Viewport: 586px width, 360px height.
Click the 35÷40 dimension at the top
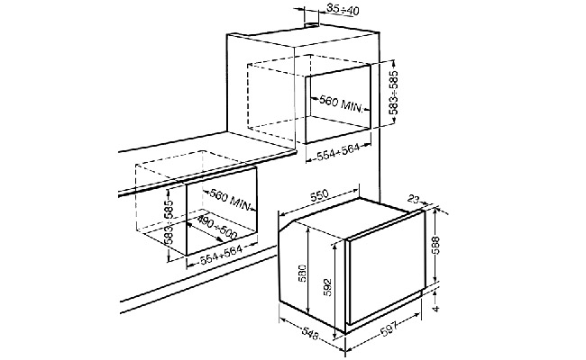[343, 10]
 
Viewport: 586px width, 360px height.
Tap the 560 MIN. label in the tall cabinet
[341, 104]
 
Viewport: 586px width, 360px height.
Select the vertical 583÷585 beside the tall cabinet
[394, 92]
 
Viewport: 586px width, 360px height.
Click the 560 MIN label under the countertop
[230, 200]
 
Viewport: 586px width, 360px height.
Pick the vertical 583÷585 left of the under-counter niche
[169, 222]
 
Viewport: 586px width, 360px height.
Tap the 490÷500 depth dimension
[216, 227]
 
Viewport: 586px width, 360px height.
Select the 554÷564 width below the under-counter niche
[222, 255]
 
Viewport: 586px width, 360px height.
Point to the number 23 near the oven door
[413, 199]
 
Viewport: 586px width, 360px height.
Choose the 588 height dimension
[435, 245]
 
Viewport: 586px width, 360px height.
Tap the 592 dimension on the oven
[328, 286]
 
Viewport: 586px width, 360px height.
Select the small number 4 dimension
[435, 309]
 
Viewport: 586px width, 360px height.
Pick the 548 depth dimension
[309, 332]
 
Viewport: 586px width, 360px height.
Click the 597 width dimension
[389, 329]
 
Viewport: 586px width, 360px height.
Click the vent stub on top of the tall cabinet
[312, 25]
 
